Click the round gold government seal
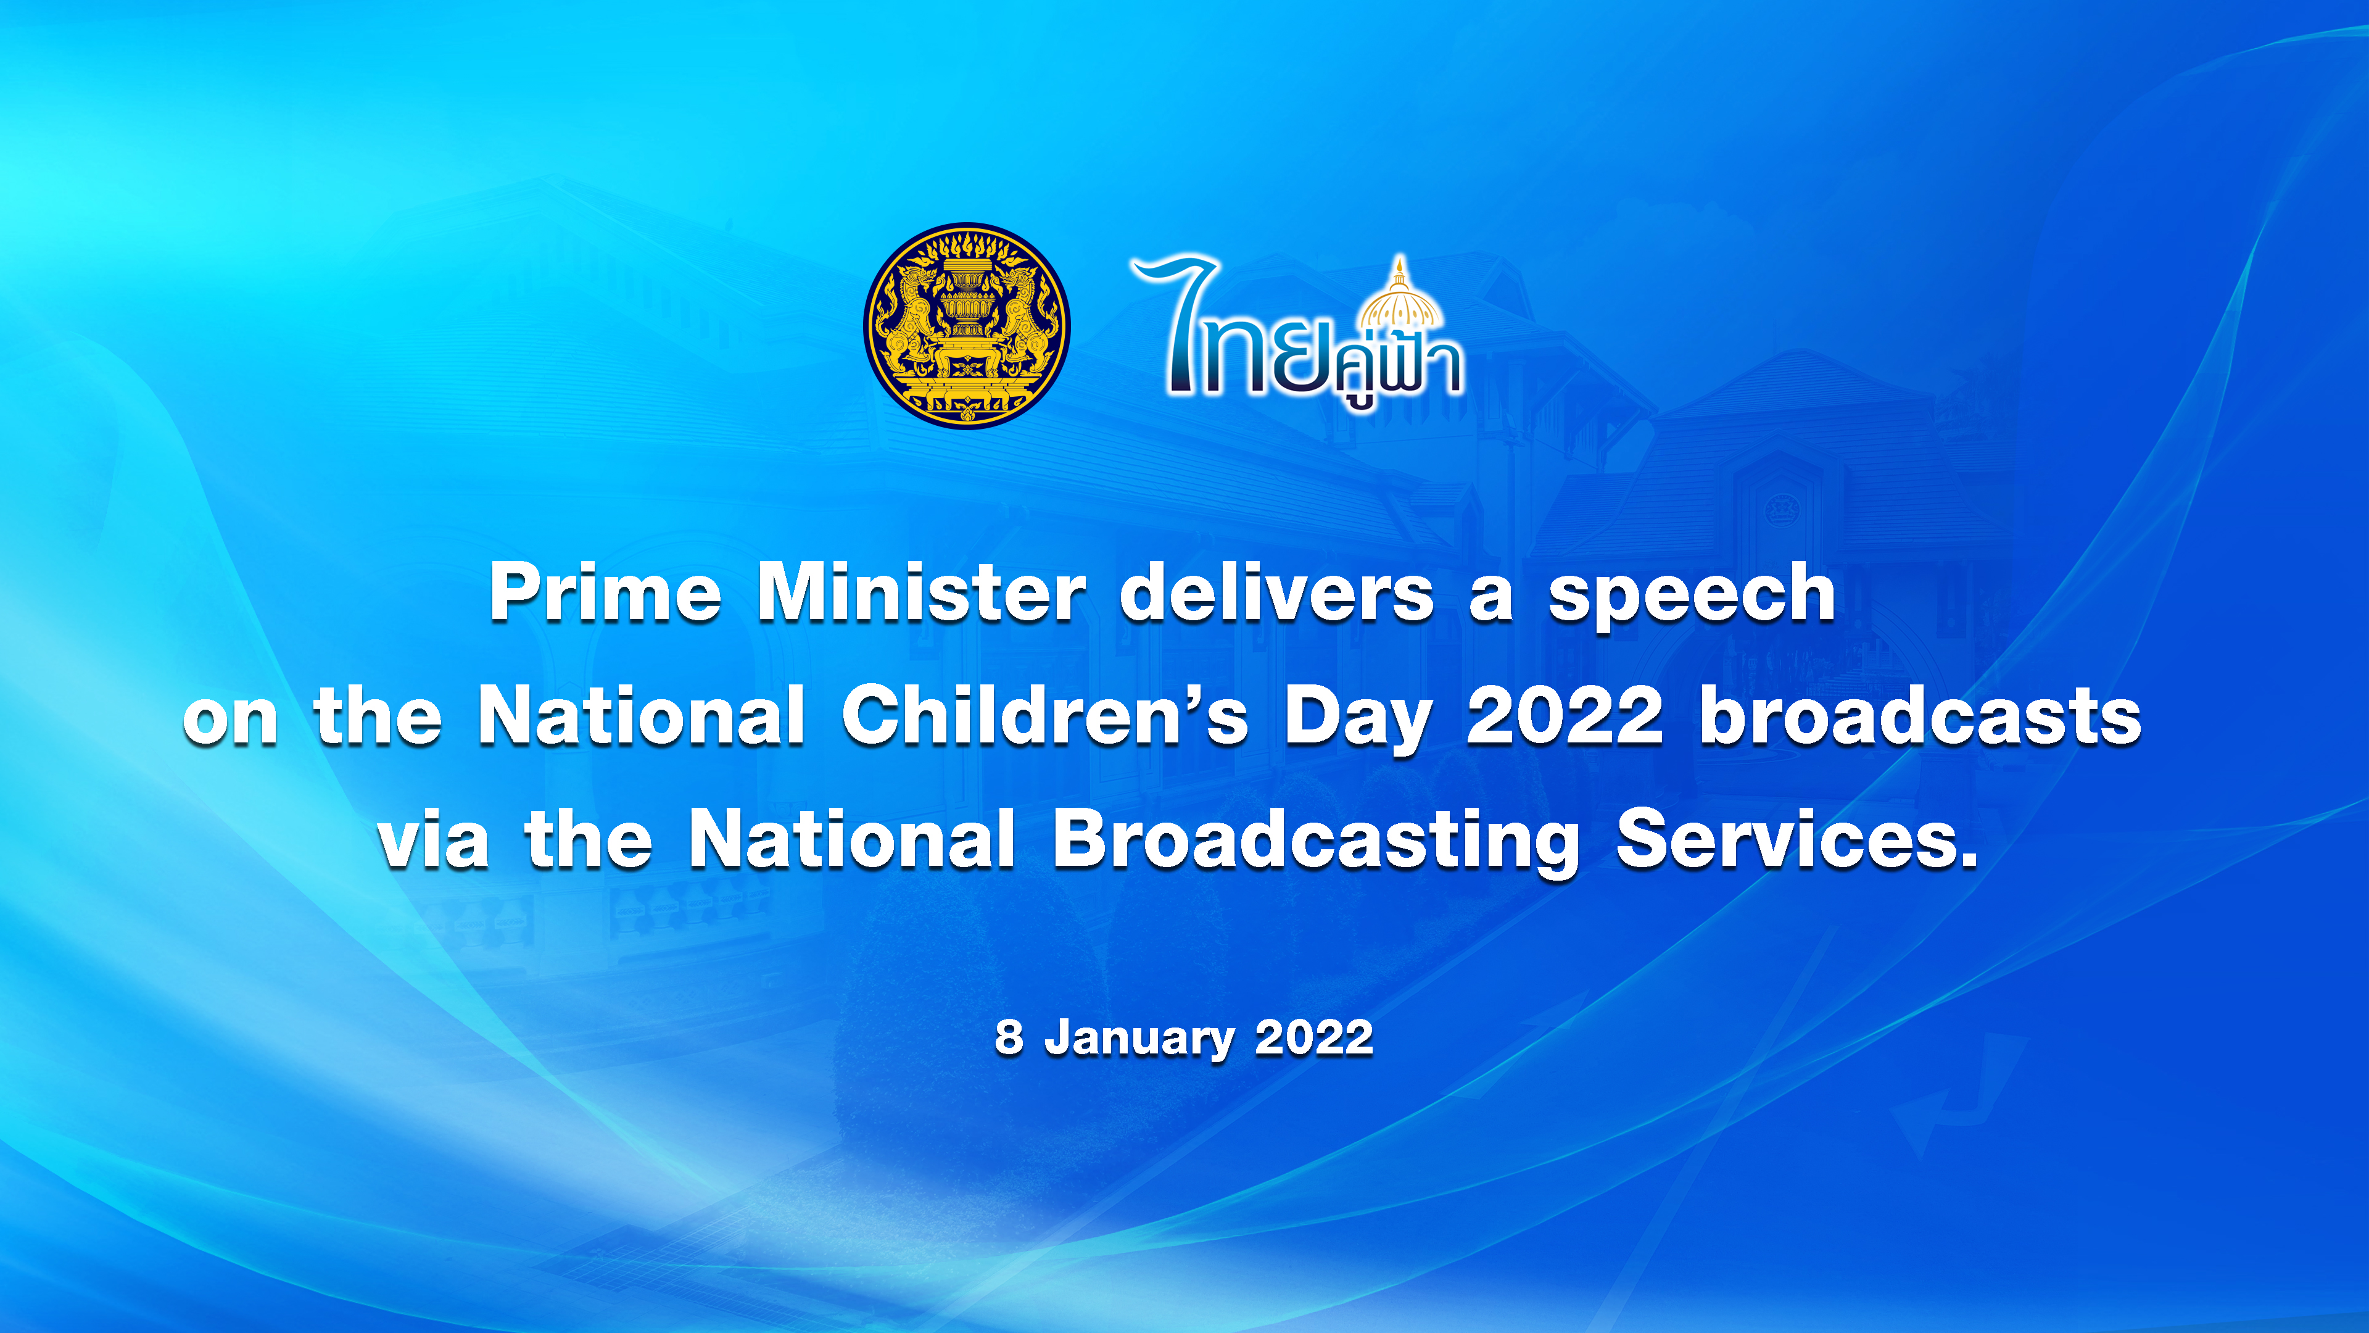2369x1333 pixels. [967, 326]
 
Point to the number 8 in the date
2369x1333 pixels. [1009, 1037]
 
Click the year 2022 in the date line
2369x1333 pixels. [1313, 1037]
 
